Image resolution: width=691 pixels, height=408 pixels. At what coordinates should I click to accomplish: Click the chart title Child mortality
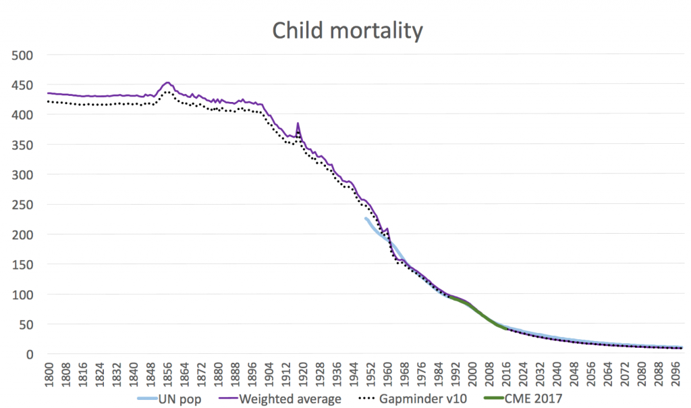(347, 30)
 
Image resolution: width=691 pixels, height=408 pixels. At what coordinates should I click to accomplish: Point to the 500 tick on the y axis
(26, 55)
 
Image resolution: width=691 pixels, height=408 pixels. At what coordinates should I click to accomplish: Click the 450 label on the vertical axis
(26, 85)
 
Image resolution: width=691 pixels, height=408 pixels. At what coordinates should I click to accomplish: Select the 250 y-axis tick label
(26, 205)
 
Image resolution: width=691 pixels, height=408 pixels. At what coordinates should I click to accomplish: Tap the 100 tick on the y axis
(26, 295)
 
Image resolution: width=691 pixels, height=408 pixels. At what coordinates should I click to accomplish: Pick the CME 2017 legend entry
(532, 399)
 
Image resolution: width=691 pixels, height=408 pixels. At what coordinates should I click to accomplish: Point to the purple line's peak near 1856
(167, 82)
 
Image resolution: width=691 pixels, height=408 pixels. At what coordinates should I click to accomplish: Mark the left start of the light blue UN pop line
(366, 218)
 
